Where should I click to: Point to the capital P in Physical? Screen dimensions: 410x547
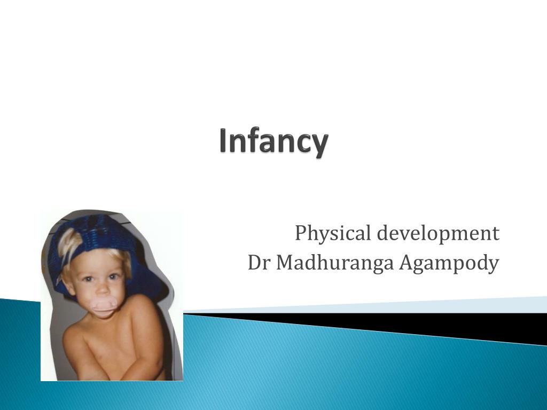coord(300,233)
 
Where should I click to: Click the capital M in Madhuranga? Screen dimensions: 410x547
coord(283,263)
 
